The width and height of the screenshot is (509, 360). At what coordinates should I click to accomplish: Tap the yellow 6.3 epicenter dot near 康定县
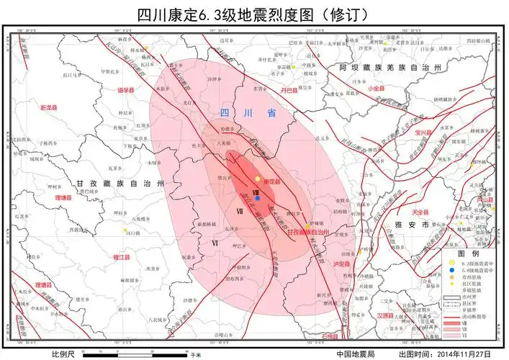click(x=258, y=179)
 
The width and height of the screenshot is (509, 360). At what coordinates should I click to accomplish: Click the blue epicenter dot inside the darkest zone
click(x=257, y=188)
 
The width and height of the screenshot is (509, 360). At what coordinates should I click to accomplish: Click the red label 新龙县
click(x=48, y=107)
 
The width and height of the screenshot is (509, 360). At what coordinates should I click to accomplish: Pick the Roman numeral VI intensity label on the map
click(x=215, y=243)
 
